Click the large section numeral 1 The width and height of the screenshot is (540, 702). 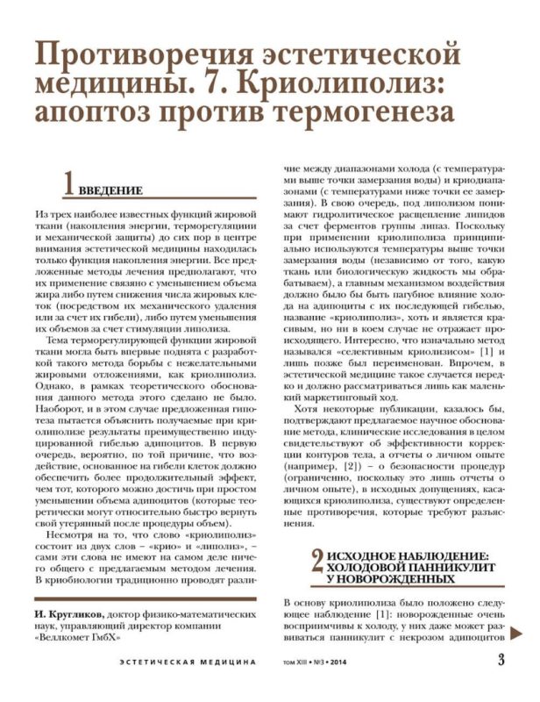tap(68, 184)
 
